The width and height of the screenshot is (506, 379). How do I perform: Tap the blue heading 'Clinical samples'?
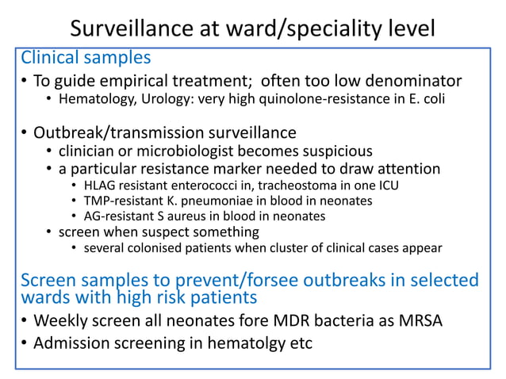(85, 59)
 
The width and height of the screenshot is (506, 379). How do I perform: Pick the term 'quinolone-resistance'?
(294, 101)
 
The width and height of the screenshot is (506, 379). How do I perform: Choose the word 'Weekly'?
(63, 320)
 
